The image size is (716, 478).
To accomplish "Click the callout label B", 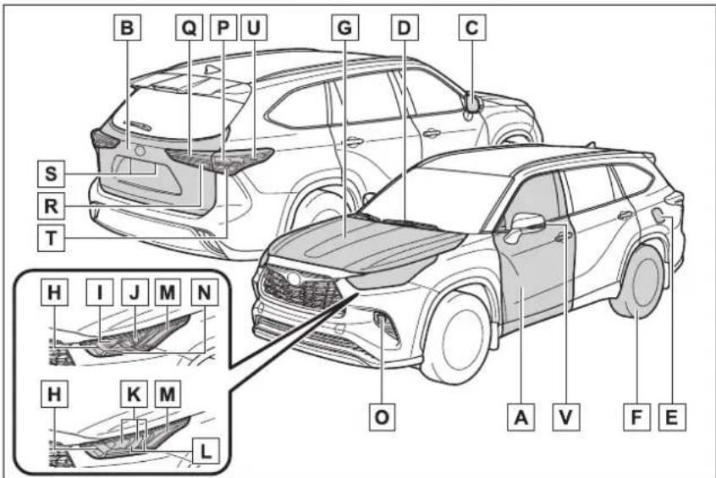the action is (127, 27).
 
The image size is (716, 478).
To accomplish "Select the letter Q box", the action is (189, 27).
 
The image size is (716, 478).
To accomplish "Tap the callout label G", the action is (344, 27).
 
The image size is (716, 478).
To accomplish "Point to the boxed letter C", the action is (472, 27).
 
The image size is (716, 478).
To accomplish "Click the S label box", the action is (51, 173).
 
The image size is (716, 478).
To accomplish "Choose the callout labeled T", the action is (51, 238).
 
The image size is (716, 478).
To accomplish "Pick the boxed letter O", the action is (383, 417).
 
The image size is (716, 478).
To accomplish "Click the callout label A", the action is (521, 417).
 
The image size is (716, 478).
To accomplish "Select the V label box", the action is (565, 417).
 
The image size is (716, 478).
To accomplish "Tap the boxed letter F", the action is (637, 417).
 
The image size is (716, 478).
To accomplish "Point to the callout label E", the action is (672, 417).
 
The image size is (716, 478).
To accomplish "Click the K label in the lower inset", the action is (135, 393).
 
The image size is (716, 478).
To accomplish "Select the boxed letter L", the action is (206, 451).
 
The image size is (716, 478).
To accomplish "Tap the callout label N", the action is (204, 292).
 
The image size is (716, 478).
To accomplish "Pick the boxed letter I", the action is (100, 292).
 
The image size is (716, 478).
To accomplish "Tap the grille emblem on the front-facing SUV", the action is (292, 278).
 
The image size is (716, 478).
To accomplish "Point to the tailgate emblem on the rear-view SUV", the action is (140, 151).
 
